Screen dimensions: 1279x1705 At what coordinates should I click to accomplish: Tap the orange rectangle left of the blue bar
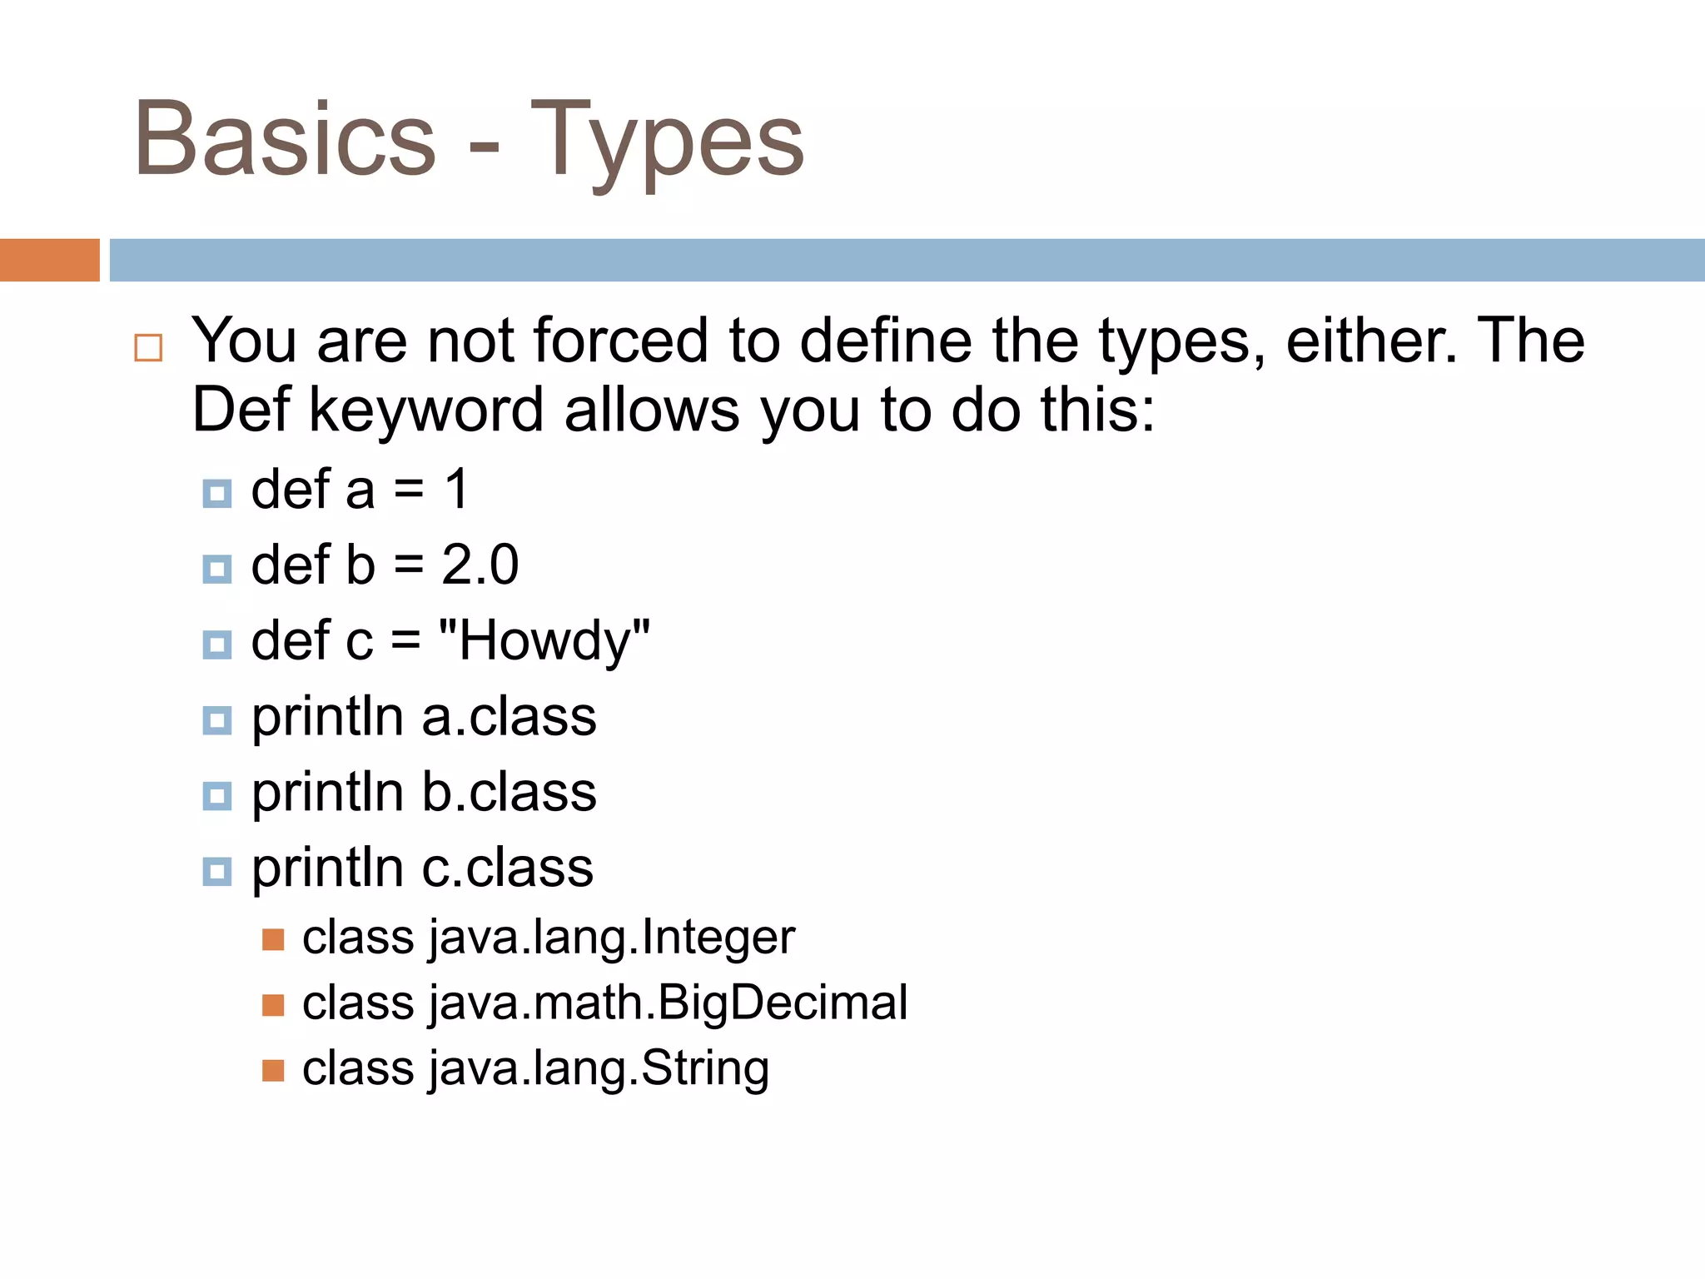tap(49, 260)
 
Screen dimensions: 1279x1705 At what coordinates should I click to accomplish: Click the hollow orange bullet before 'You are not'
tap(148, 347)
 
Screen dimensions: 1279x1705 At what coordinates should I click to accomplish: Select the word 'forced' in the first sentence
tap(620, 341)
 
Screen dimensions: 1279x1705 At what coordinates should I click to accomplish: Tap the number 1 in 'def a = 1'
tap(457, 489)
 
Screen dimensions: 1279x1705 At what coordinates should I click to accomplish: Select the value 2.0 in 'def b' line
tap(480, 565)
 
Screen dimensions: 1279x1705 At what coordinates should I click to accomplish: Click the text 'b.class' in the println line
tap(509, 792)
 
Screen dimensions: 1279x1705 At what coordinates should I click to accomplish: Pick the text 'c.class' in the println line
tap(507, 868)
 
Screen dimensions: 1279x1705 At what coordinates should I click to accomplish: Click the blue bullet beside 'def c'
tap(217, 644)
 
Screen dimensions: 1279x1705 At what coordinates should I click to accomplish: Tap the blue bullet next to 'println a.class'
tap(217, 720)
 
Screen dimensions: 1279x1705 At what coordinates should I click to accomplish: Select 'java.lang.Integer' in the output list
tap(612, 938)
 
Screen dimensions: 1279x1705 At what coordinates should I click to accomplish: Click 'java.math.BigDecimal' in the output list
tap(668, 1003)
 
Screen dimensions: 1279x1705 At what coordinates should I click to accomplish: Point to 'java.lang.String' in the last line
tap(599, 1068)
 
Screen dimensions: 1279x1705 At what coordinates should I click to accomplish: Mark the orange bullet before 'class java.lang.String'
tap(273, 1070)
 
